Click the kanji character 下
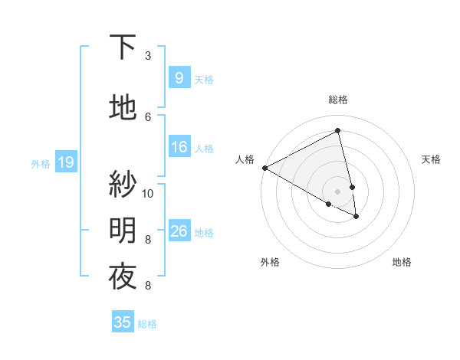pyautogui.click(x=123, y=47)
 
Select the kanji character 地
pyautogui.click(x=123, y=108)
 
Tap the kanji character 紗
pyautogui.click(x=123, y=184)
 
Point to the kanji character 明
pyautogui.click(x=123, y=230)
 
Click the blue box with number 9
pyautogui.click(x=179, y=78)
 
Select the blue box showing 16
pyautogui.click(x=179, y=147)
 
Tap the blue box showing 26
pyautogui.click(x=179, y=231)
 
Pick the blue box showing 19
pyautogui.click(x=65, y=162)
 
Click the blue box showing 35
pyautogui.click(x=123, y=322)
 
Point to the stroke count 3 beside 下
pyautogui.click(x=148, y=56)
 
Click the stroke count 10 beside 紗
pyautogui.click(x=148, y=193)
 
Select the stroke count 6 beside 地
pyautogui.click(x=148, y=117)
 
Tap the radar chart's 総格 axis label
pyautogui.click(x=337, y=100)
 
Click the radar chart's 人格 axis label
pyautogui.click(x=245, y=159)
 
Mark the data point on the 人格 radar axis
pyautogui.click(x=264, y=168)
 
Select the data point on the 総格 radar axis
pyautogui.click(x=337, y=131)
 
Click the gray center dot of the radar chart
pyautogui.click(x=337, y=191)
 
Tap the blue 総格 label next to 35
pyautogui.click(x=147, y=324)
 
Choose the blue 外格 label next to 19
pyautogui.click(x=41, y=163)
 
